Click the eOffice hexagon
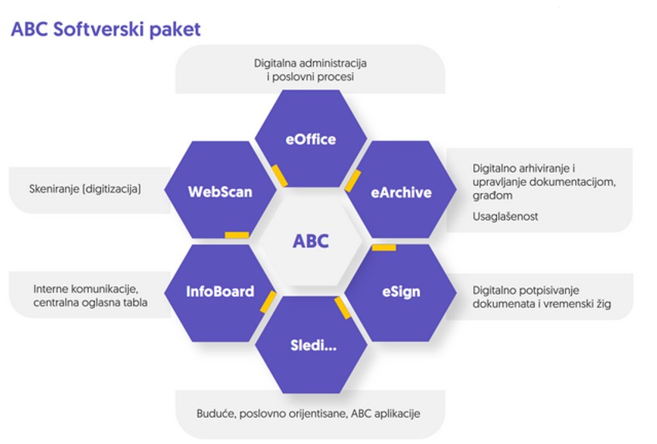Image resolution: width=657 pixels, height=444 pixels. [x=311, y=138]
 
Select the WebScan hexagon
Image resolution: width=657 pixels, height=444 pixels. [x=220, y=190]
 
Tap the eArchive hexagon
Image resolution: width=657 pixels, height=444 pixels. [x=401, y=190]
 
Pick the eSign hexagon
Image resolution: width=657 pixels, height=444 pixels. [x=401, y=293]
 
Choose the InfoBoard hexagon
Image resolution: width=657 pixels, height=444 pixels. [x=220, y=293]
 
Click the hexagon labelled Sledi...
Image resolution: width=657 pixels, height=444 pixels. [x=311, y=345]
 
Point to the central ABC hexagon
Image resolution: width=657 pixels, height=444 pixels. [x=311, y=241]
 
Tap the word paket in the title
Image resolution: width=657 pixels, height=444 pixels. [x=175, y=30]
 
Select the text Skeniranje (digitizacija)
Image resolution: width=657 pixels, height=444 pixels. [x=85, y=189]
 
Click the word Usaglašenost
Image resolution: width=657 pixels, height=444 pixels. [x=506, y=216]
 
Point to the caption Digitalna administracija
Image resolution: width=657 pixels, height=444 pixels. [x=311, y=63]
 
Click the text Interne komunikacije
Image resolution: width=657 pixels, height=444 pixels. [x=86, y=289]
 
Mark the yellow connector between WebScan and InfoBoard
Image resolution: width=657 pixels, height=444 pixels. [x=237, y=236]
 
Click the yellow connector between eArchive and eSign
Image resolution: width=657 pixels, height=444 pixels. [x=384, y=248]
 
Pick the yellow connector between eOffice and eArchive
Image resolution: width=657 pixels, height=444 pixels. [x=352, y=181]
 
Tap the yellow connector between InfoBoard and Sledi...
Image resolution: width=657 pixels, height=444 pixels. [x=268, y=302]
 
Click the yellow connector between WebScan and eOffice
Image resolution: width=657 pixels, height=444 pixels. [x=280, y=176]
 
